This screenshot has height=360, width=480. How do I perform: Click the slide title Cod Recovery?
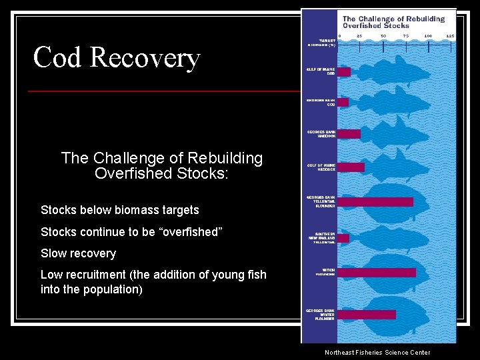pyautogui.click(x=117, y=57)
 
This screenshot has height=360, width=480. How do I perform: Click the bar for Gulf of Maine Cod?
pyautogui.click(x=344, y=71)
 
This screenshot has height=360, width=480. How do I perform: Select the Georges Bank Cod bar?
pyautogui.click(x=343, y=102)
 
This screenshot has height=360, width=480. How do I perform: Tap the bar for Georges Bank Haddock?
pyautogui.click(x=349, y=134)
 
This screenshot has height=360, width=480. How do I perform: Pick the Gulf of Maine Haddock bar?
pyautogui.click(x=351, y=167)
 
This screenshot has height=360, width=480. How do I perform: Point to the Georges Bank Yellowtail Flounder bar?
pyautogui.click(x=375, y=201)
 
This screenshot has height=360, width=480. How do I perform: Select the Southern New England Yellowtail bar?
pyautogui.click(x=343, y=238)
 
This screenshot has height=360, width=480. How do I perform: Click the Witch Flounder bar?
pyautogui.click(x=377, y=272)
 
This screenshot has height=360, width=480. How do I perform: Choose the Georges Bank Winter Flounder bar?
pyautogui.click(x=367, y=314)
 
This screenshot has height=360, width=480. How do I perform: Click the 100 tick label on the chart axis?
pyautogui.click(x=428, y=35)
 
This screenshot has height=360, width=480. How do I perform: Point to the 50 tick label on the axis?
pyautogui.click(x=383, y=35)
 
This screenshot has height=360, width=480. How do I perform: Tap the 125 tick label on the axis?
pyautogui.click(x=450, y=35)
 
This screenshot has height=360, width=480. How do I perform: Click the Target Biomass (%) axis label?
pyautogui.click(x=322, y=43)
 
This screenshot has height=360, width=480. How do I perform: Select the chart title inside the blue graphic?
pyautogui.click(x=393, y=22)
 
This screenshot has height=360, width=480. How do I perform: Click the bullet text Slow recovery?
pyautogui.click(x=78, y=253)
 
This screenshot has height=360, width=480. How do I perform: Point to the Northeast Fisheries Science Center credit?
pyautogui.click(x=377, y=353)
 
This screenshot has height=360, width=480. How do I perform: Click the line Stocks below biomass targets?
pyautogui.click(x=120, y=210)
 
